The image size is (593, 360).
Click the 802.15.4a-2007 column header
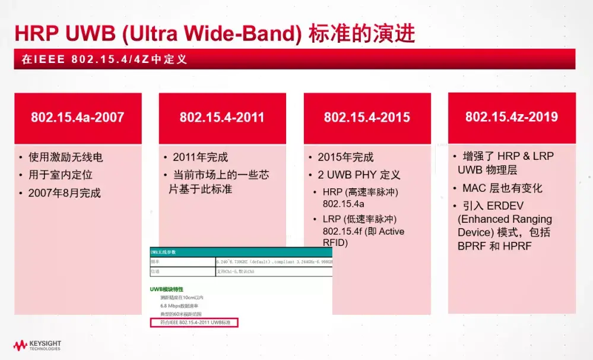[77, 118]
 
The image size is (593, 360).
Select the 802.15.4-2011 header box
[223, 118]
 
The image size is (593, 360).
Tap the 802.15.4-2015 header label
[367, 118]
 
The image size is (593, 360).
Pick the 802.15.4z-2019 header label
[511, 117]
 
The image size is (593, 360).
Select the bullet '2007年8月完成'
[65, 193]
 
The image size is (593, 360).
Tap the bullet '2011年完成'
[200, 157]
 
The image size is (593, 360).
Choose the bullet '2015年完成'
[345, 157]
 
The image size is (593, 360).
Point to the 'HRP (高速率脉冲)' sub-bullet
[360, 192]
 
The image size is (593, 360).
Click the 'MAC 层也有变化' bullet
[502, 188]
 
